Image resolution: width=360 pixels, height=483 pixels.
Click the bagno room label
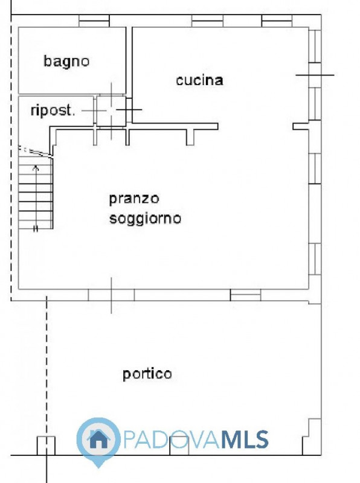(x=66, y=62)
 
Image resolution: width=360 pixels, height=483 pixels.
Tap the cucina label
(x=199, y=80)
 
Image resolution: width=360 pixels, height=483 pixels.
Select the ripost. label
(x=53, y=110)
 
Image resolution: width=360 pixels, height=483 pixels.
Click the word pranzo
(x=134, y=199)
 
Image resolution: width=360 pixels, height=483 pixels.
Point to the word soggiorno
(x=145, y=219)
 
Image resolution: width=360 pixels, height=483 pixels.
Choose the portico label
(x=147, y=374)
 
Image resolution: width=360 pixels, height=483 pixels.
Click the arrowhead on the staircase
(x=36, y=168)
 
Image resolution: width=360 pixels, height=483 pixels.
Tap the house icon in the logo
(x=98, y=439)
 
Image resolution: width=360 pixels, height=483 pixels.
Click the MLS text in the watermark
(x=245, y=440)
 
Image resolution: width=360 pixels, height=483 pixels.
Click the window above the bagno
(x=94, y=21)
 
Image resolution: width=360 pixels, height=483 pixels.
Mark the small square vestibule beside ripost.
(x=111, y=110)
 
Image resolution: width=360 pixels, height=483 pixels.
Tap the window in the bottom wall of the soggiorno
(x=245, y=295)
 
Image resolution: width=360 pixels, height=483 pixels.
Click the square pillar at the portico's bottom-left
(x=47, y=446)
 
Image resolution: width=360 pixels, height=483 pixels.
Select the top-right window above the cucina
(x=277, y=21)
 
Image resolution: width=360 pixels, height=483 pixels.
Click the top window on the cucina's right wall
(x=315, y=46)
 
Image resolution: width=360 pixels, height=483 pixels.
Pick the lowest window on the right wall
(x=315, y=259)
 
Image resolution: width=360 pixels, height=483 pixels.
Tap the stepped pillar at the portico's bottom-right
(x=311, y=437)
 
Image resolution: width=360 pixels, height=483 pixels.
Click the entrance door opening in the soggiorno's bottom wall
(x=111, y=295)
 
